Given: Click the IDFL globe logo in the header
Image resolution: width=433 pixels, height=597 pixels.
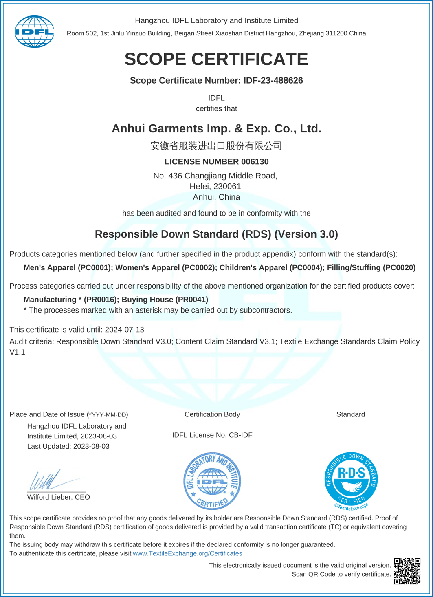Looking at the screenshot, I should click(x=35, y=31).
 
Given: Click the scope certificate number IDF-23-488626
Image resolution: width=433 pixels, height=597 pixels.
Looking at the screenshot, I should click(x=273, y=81).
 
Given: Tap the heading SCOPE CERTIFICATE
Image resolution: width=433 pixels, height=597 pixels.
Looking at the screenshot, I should click(x=216, y=59).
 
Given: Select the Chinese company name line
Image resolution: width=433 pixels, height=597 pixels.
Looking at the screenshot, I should click(x=216, y=146).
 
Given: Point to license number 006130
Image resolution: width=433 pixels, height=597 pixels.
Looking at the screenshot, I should click(x=255, y=162).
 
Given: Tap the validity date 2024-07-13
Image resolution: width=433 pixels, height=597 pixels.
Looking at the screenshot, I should click(x=124, y=330).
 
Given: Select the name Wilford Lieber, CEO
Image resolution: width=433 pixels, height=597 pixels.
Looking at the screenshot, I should click(x=59, y=497).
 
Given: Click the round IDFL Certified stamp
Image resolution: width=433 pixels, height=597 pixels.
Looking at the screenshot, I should click(x=212, y=481).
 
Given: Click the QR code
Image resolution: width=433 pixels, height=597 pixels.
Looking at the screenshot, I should click(x=407, y=571).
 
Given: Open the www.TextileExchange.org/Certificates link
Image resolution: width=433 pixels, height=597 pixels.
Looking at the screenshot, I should click(x=187, y=553).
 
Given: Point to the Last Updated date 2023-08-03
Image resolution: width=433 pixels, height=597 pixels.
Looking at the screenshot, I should click(x=91, y=446).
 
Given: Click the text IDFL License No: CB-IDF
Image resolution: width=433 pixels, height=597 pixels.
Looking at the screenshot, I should click(x=212, y=435).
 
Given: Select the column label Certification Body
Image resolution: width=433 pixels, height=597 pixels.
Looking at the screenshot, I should click(x=212, y=414).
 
